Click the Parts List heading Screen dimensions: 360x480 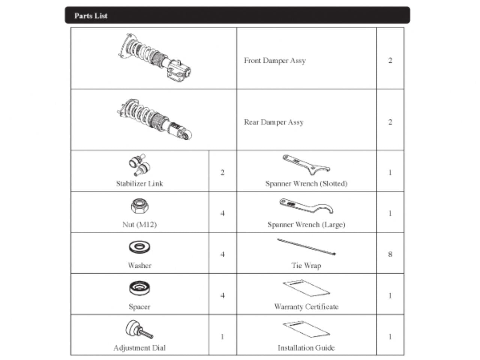91,16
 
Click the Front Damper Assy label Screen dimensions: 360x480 274,60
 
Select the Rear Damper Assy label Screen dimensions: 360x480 274,122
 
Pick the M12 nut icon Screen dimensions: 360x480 139,206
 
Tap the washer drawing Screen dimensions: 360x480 139,247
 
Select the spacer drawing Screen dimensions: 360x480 139,288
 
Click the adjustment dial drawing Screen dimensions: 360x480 139,330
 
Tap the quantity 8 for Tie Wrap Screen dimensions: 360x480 390,254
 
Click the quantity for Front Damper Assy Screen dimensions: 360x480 390,60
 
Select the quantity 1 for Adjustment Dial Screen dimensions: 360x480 222,336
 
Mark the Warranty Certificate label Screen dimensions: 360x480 306,307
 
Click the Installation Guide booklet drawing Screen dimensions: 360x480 306,329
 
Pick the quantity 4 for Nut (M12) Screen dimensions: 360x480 222,213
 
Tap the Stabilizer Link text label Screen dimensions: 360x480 139,184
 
